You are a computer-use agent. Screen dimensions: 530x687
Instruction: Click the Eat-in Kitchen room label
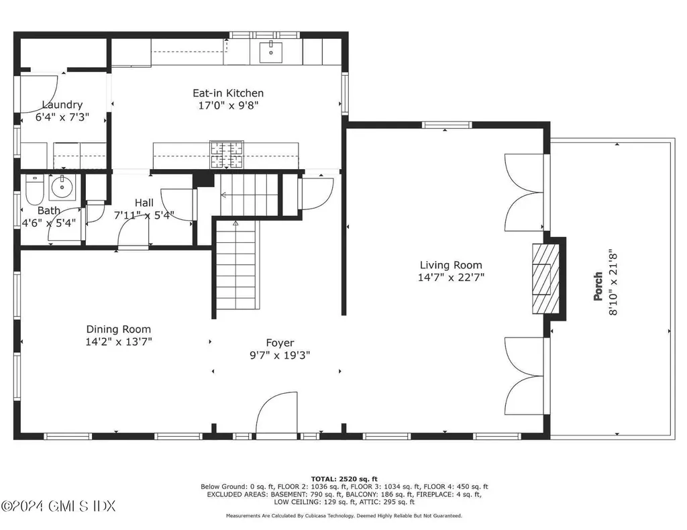228,93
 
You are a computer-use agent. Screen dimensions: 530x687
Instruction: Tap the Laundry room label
62,105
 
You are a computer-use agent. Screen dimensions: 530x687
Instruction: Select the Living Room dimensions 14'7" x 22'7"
451,276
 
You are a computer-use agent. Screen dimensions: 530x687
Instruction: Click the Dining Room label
118,329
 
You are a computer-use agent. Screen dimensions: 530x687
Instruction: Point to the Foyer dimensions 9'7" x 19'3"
280,355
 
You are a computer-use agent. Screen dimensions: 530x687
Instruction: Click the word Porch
597,286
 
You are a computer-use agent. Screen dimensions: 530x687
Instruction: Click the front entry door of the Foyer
274,416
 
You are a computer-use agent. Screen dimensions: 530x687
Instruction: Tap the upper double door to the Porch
525,192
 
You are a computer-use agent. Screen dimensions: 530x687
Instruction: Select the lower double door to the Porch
525,376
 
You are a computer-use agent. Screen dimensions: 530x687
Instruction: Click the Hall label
144,203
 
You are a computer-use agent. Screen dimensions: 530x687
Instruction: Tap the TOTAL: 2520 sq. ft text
343,479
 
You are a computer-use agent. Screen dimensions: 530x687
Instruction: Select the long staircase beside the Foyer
236,266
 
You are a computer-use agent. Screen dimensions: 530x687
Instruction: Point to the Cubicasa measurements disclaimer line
343,516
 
